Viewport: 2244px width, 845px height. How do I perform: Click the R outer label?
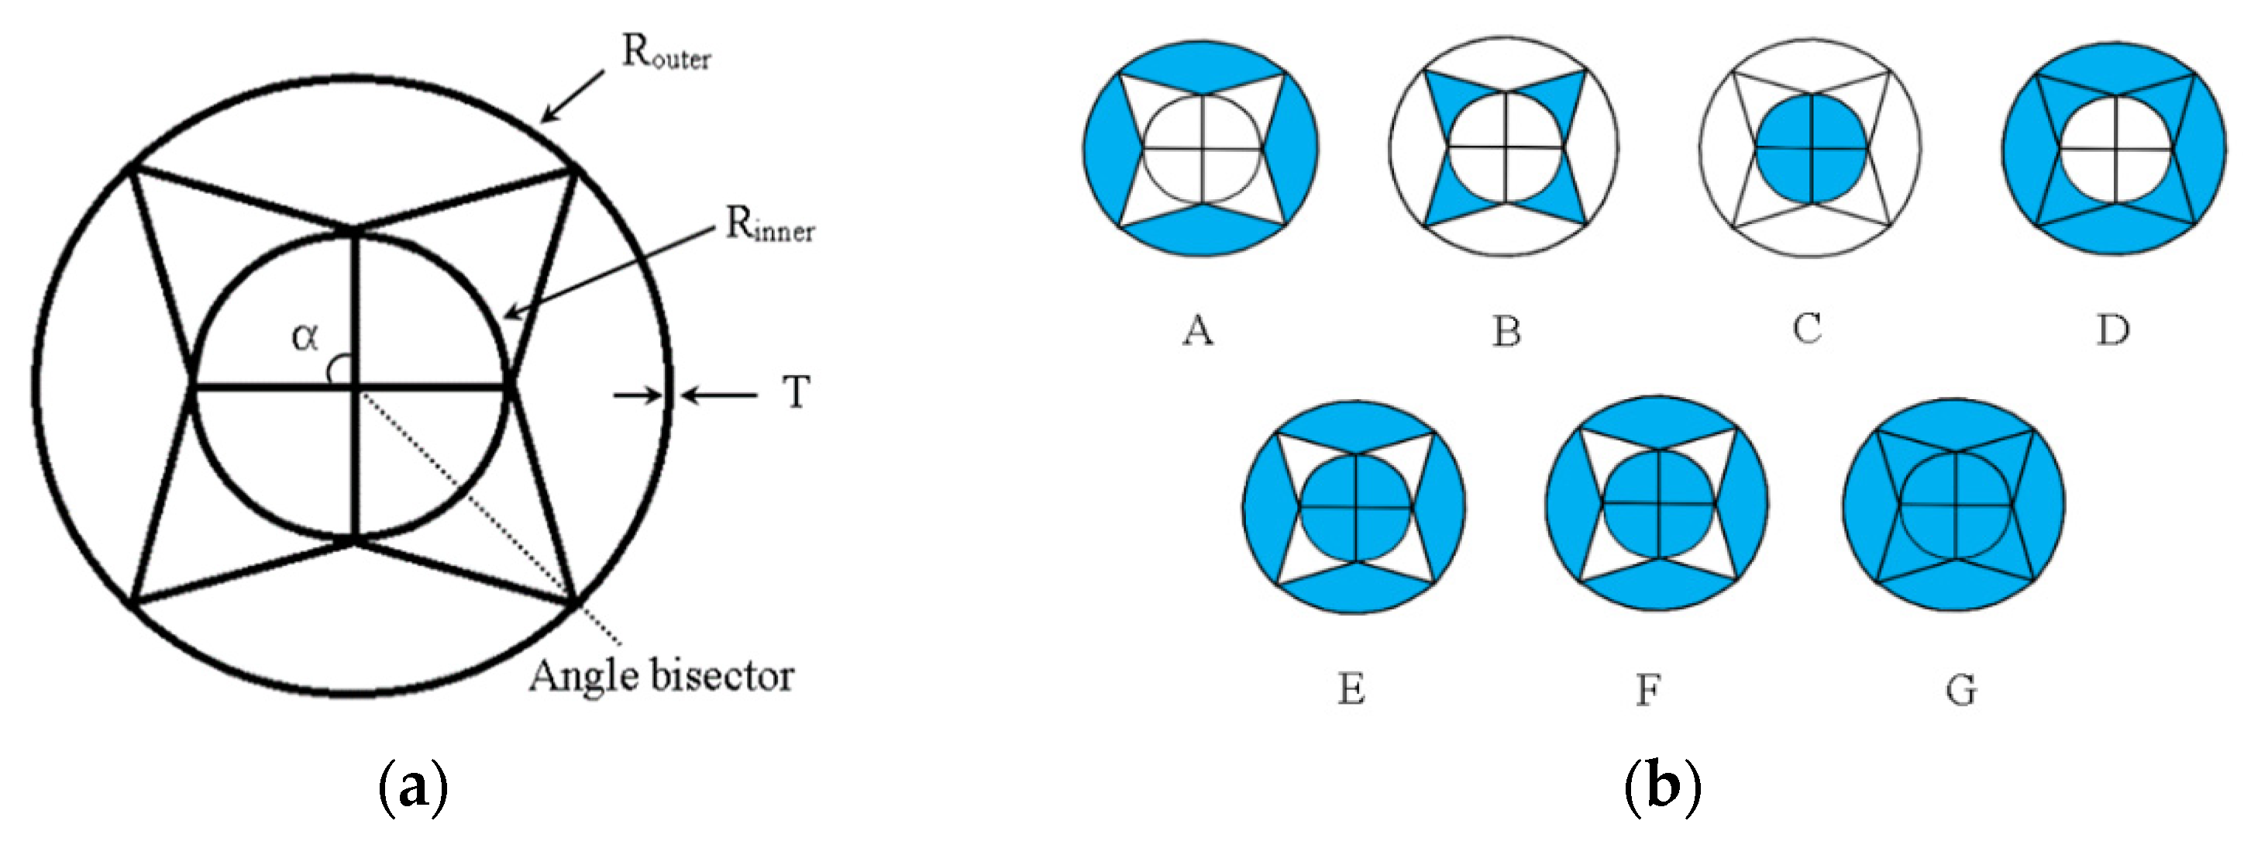[x=666, y=54]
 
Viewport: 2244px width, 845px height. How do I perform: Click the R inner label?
[x=770, y=226]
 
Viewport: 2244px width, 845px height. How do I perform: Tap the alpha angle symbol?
[x=305, y=336]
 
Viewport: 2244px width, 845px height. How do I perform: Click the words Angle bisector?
[x=661, y=676]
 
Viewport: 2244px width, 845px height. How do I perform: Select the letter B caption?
[x=1506, y=331]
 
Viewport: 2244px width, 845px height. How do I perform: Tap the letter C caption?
[x=1807, y=329]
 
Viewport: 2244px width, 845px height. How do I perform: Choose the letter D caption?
[x=2112, y=329]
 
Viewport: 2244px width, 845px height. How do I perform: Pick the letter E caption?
[x=1351, y=690]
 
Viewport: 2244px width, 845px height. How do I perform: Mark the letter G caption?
[x=1961, y=691]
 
